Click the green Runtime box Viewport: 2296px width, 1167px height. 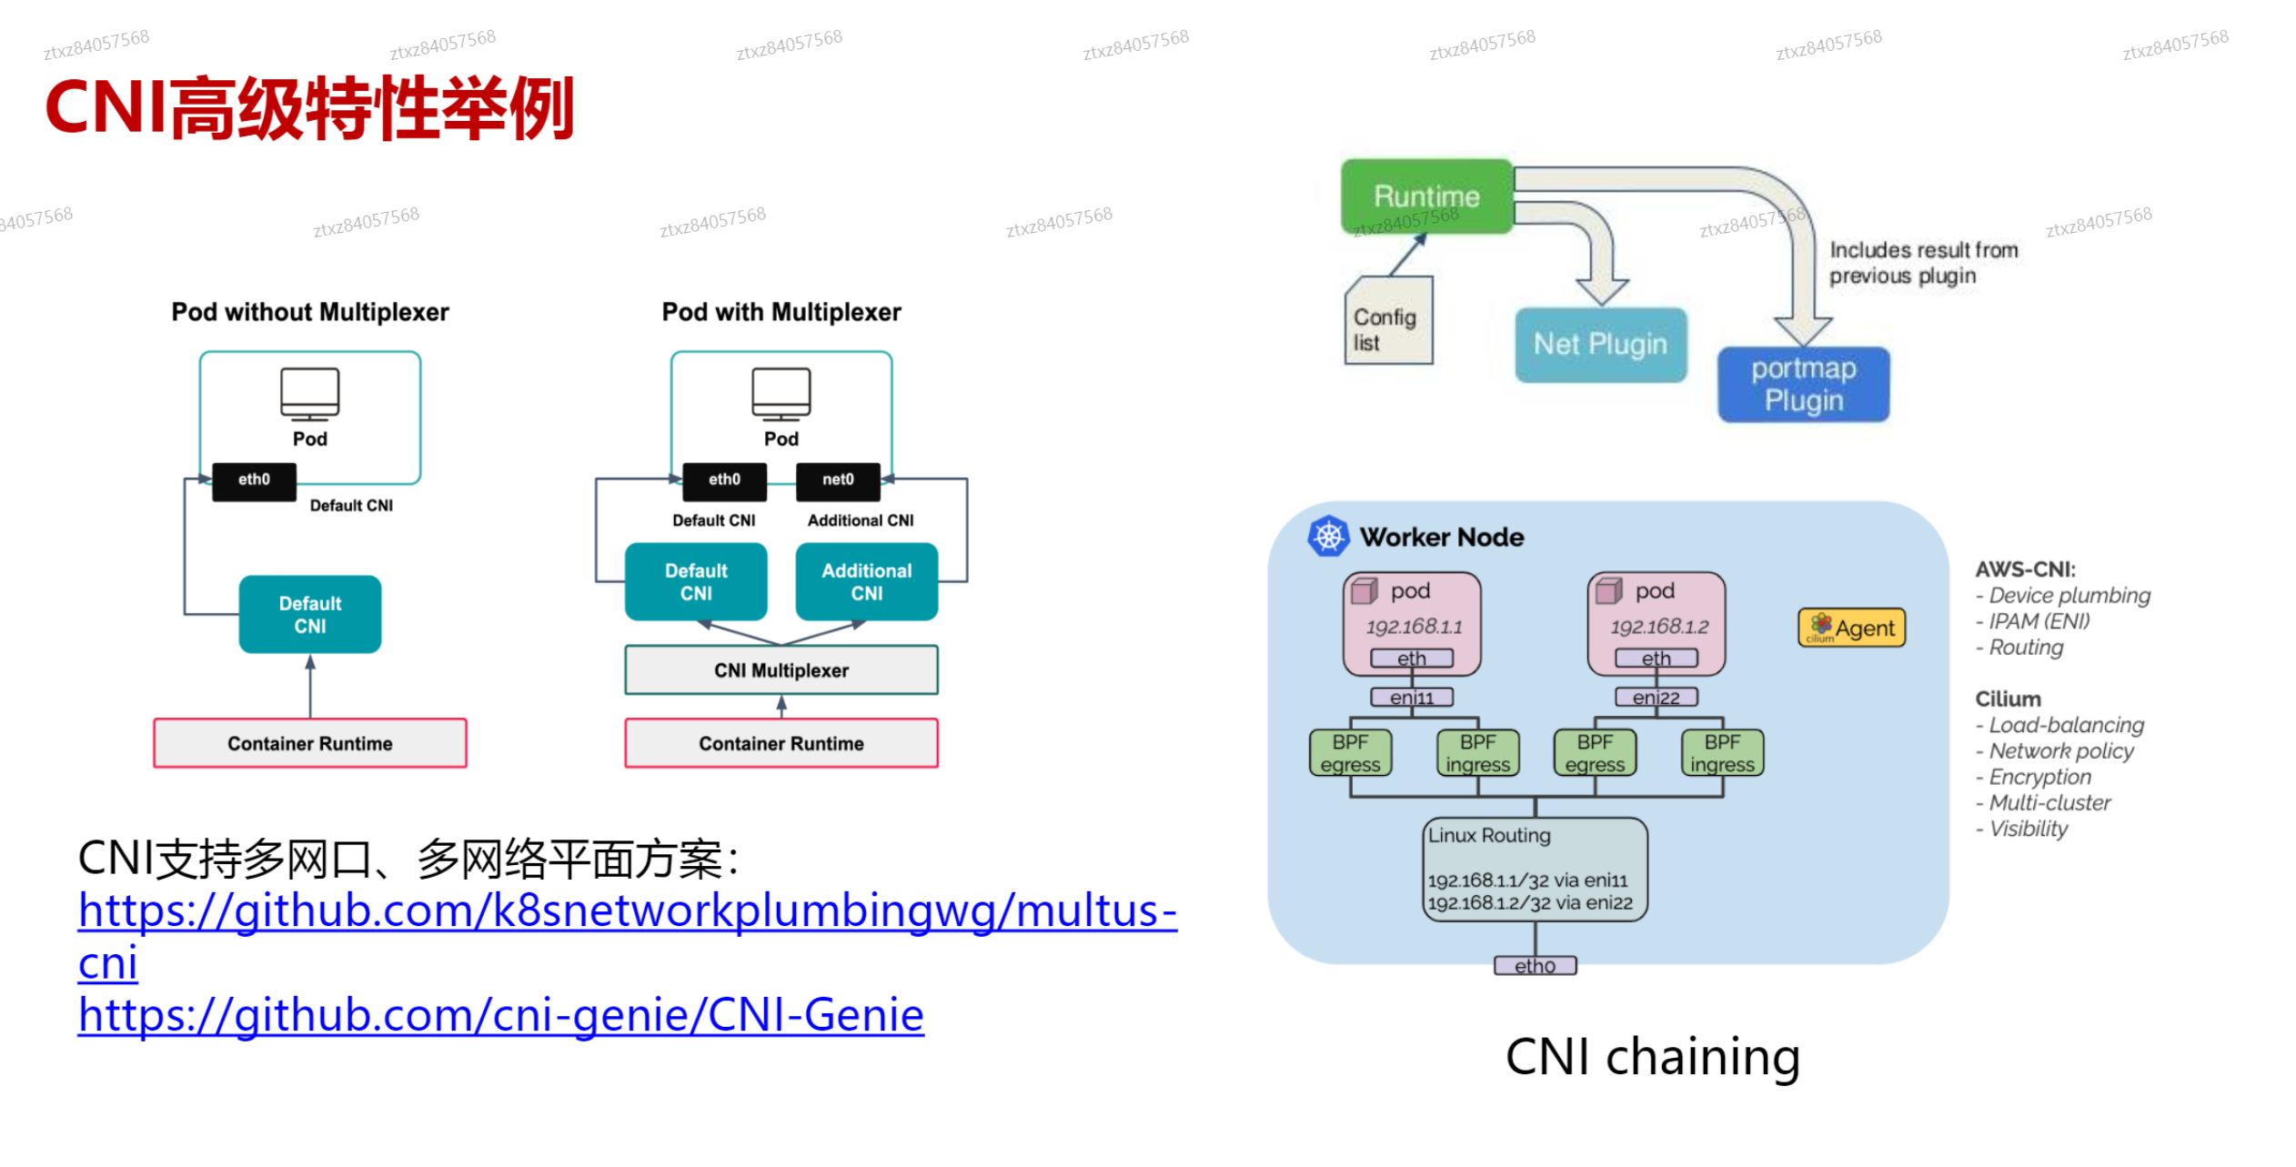[1425, 196]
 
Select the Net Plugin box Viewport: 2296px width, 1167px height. [1599, 344]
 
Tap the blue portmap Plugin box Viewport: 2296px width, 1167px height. [1802, 384]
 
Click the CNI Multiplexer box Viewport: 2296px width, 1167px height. [780, 670]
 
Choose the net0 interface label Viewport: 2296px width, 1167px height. [837, 480]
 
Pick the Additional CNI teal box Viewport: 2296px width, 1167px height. [866, 582]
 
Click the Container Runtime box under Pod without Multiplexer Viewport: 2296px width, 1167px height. [309, 743]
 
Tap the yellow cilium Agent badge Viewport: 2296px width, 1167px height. [1850, 628]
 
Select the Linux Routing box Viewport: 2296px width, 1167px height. [1534, 869]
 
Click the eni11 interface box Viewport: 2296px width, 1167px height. [1411, 698]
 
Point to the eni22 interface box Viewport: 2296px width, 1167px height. [1656, 698]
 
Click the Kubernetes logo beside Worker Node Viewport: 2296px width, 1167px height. [1327, 537]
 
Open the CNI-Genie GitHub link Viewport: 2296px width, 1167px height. [500, 1015]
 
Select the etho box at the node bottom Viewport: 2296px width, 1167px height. [1535, 966]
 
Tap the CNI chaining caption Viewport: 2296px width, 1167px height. [1652, 1057]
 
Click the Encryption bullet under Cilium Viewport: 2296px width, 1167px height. [2039, 777]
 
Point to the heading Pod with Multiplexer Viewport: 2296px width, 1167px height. [780, 312]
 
